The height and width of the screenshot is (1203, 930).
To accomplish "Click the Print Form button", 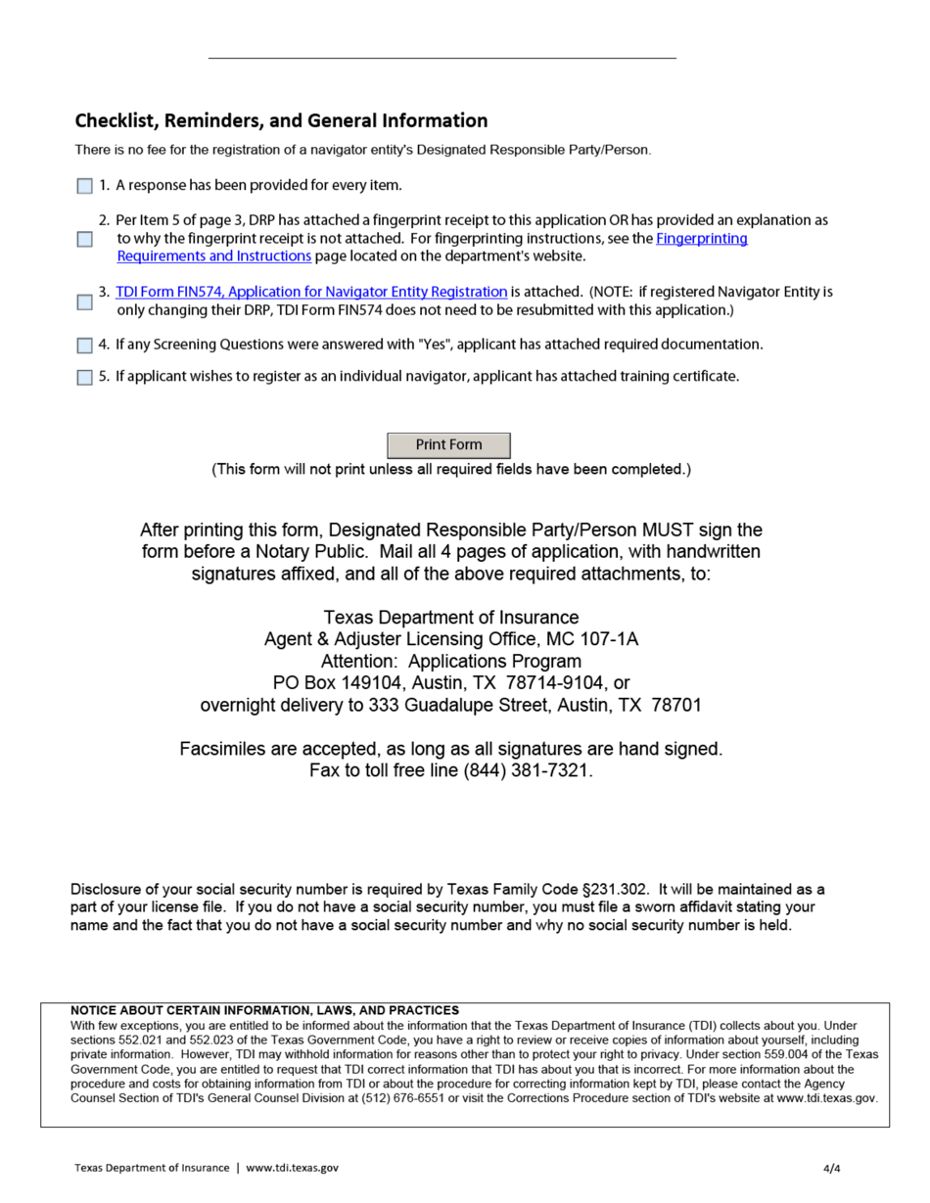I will click(x=448, y=445).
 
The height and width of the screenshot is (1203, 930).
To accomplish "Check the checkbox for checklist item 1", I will click(x=85, y=186).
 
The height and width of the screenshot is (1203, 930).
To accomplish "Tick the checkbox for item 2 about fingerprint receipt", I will click(x=85, y=239).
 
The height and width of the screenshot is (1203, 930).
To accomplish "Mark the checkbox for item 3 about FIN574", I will click(x=85, y=301).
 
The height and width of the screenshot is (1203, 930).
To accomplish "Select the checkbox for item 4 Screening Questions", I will click(x=85, y=346).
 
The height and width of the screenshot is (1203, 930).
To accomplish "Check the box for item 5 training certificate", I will click(x=85, y=378).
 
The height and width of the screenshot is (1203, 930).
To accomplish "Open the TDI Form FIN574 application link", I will click(x=311, y=292).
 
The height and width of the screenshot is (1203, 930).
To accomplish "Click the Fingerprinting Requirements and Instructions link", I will click(x=701, y=238).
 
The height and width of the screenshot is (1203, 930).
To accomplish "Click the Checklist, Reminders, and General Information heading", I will click(x=281, y=121).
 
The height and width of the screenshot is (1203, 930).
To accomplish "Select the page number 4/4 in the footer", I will click(x=832, y=1168).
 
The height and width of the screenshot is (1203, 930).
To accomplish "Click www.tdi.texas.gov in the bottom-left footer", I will click(x=292, y=1168).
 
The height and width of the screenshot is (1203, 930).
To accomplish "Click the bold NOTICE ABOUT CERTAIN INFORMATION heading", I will click(x=264, y=1010).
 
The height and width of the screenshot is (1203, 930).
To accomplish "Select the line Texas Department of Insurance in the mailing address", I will click(x=450, y=618).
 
